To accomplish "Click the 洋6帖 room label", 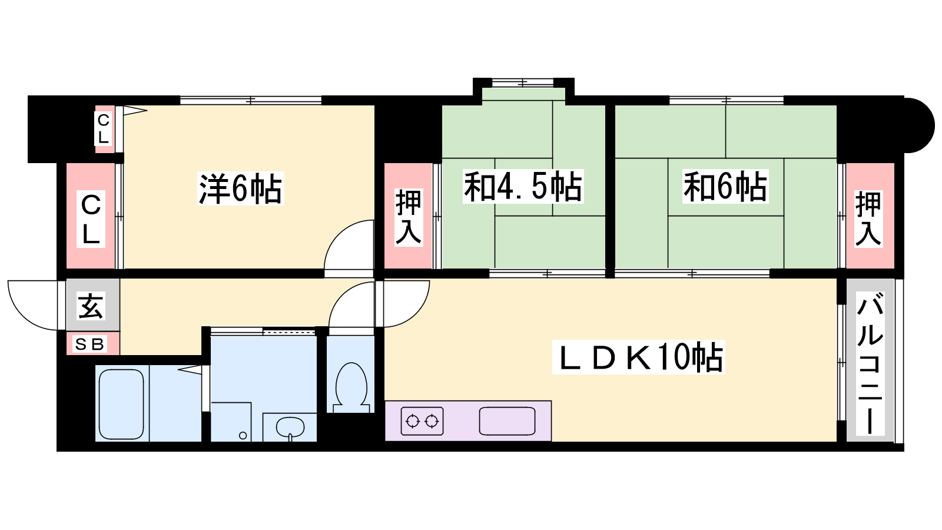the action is tap(241, 188).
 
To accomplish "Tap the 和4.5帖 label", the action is tap(523, 187).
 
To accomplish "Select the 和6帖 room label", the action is tap(725, 187).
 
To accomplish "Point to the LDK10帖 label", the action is tap(638, 357).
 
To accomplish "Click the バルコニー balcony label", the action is tap(870, 363).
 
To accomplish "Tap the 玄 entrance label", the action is tap(91, 306).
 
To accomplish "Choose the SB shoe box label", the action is tap(89, 344).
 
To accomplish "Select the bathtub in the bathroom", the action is tap(121, 404).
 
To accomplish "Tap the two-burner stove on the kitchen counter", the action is tap(422, 420).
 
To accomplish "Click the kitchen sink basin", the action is tap(507, 420).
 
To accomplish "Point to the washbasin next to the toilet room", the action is tap(290, 428).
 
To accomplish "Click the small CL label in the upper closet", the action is tap(104, 129).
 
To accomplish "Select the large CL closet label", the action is tap(91, 218).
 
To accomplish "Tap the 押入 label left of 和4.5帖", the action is tap(409, 217).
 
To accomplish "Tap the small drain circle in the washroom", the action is tap(243, 436).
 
